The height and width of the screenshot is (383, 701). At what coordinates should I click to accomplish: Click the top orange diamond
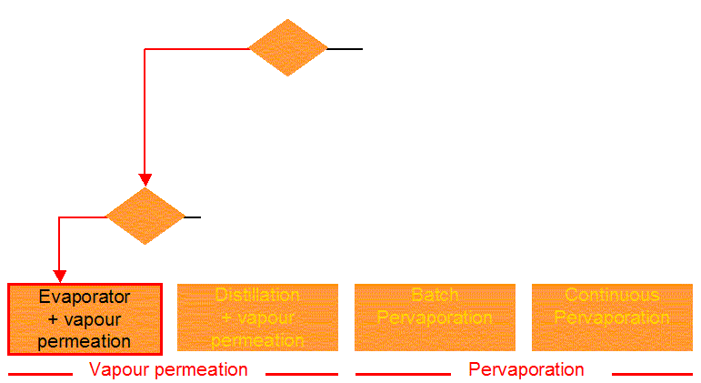(288, 47)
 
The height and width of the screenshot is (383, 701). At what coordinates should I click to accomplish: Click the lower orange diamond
(145, 217)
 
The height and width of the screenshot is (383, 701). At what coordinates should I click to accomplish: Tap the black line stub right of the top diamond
(345, 48)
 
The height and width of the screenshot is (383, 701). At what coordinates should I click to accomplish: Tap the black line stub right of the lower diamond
(192, 217)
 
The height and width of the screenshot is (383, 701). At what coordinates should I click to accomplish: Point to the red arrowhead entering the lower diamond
(145, 180)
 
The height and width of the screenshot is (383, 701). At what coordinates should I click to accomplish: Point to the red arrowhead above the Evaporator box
(60, 276)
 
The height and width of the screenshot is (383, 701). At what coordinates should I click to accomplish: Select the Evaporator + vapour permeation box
(85, 319)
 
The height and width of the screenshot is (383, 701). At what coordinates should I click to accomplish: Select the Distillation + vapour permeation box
(257, 317)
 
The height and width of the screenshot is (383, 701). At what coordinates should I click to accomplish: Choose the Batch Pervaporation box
(435, 317)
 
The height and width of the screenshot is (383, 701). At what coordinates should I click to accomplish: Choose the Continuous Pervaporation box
(612, 317)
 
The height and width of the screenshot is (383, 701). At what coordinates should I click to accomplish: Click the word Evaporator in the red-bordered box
(85, 297)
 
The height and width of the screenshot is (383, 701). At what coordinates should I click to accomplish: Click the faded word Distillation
(257, 295)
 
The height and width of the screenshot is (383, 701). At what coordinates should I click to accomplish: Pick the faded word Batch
(435, 295)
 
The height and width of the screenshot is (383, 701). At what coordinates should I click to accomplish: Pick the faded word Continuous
(612, 295)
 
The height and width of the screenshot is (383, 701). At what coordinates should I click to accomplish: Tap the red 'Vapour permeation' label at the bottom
(168, 369)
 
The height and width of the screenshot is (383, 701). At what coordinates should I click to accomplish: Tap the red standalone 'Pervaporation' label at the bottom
(526, 369)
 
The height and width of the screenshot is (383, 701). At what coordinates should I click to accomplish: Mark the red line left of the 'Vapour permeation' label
(40, 373)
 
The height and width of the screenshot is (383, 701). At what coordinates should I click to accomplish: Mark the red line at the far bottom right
(652, 373)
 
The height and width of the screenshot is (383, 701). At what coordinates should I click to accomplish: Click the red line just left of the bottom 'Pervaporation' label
(403, 373)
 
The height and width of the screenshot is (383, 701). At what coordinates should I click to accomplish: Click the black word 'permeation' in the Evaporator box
(85, 342)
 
